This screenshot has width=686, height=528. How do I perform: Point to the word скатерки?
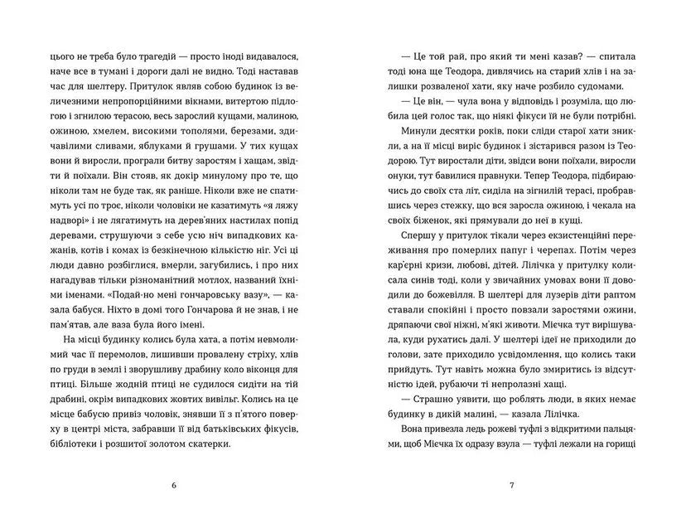click(202, 443)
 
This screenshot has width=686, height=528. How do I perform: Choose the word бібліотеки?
click(57, 443)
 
